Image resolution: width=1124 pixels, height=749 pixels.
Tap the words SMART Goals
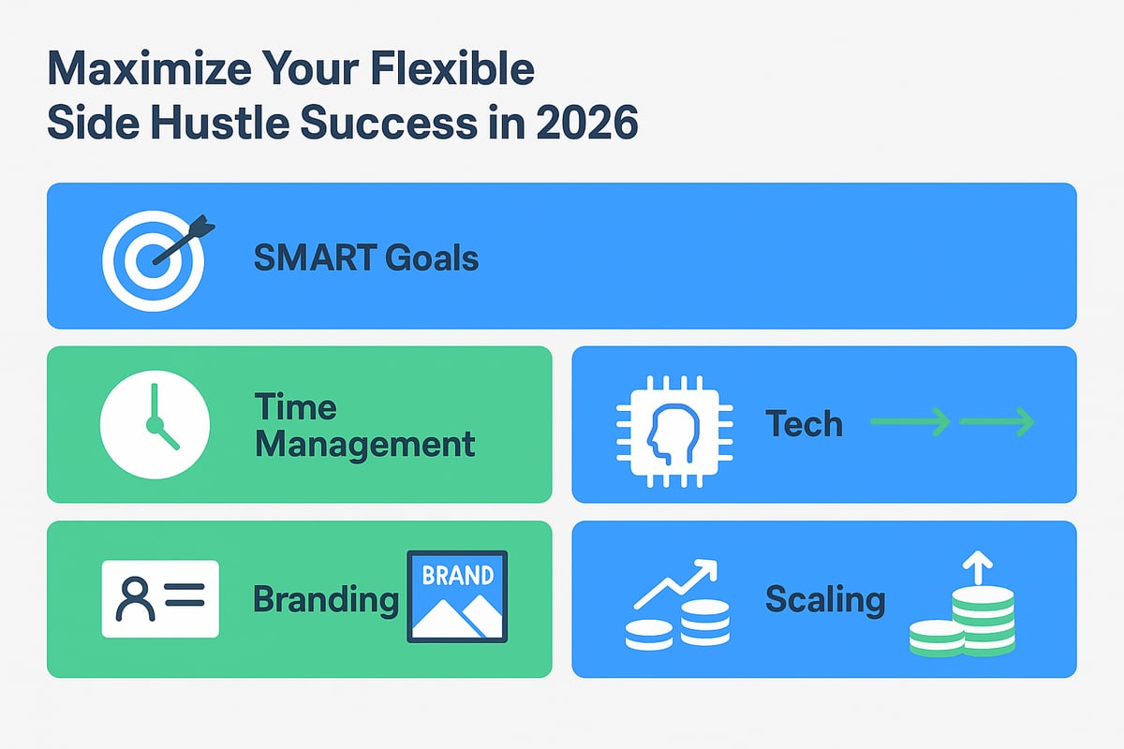[365, 257]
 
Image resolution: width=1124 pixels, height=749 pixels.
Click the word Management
[364, 444]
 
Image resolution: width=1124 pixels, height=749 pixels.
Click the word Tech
[804, 424]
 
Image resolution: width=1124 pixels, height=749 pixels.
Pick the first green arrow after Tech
[910, 423]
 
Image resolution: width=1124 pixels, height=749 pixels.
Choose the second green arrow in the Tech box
[997, 423]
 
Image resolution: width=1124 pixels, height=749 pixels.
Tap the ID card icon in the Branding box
[160, 599]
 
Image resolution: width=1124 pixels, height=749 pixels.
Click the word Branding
[326, 599]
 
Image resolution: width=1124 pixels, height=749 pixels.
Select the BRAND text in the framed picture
[457, 575]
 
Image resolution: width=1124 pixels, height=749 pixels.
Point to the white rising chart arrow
[675, 582]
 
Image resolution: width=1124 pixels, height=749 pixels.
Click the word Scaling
[824, 599]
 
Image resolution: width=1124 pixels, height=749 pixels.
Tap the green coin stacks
[965, 623]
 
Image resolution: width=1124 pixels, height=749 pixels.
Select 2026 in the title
[583, 123]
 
